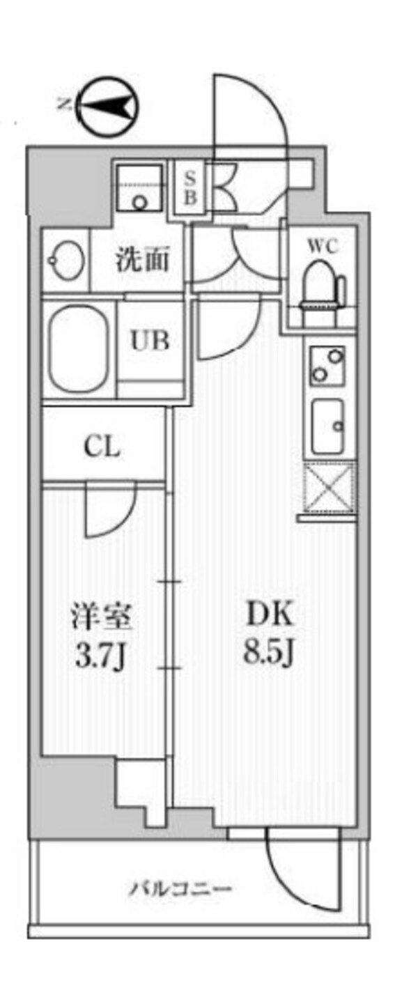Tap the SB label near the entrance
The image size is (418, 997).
(189, 187)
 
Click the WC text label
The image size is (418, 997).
(323, 247)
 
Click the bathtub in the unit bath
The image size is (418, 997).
(79, 346)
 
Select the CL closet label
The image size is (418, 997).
(102, 448)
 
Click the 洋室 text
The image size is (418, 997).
(101, 617)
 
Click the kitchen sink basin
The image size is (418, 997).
(328, 425)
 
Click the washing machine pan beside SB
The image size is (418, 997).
(139, 188)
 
